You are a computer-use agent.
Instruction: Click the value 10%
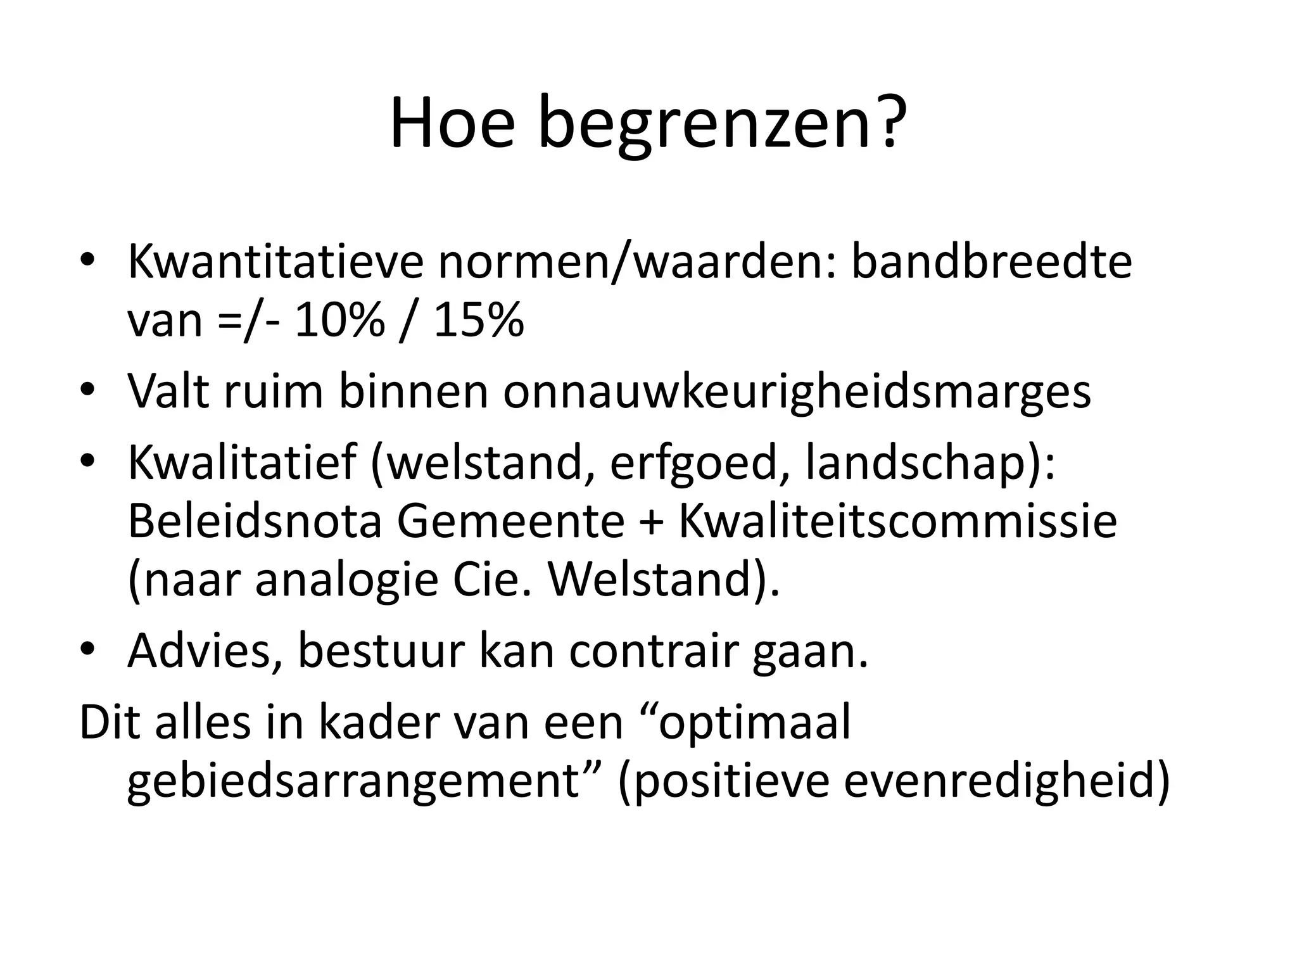339,321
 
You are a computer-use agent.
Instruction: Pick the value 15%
479,321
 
